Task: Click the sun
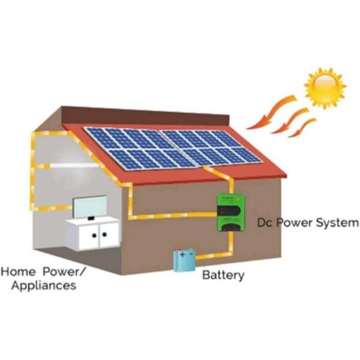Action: coord(325,87)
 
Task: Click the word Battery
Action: coord(223,276)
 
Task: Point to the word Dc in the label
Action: coord(265,223)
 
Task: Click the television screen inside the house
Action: coord(90,207)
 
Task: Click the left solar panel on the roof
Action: coord(135,148)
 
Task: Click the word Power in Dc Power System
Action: coord(299,223)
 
